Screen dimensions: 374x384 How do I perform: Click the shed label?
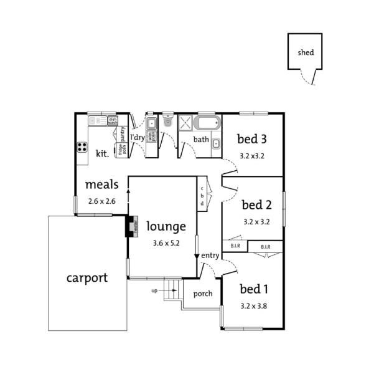[305, 53]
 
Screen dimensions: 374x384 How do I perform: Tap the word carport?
[87, 278]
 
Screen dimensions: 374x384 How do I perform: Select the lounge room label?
[166, 226]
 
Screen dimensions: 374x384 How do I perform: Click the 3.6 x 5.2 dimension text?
[166, 243]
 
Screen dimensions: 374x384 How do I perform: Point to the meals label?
[100, 185]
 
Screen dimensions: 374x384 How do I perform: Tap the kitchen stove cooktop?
[82, 148]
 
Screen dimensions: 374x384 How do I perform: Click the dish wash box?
[113, 121]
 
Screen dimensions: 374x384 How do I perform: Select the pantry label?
[123, 134]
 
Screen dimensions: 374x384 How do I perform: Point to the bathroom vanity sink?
[215, 145]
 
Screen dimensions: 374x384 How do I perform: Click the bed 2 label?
[256, 204]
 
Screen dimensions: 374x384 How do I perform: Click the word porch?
[203, 294]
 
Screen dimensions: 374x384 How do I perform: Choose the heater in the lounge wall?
[131, 226]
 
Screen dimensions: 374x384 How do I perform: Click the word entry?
[210, 256]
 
